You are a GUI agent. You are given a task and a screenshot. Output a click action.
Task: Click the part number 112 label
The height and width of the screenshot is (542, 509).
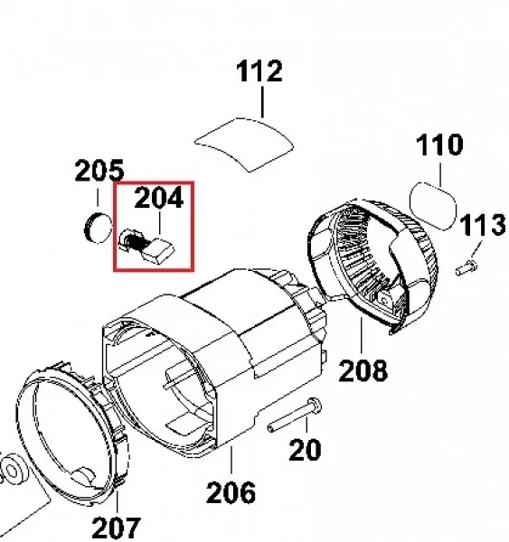pos(259,71)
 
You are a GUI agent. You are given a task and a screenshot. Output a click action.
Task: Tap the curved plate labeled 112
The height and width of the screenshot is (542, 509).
pos(244,145)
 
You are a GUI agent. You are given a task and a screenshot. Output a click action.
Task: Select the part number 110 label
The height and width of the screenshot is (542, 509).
pos(439,145)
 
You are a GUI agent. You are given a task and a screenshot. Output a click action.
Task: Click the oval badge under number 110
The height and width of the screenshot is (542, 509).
pos(432,205)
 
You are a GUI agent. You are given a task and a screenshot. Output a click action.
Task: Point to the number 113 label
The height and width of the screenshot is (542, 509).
pos(483,225)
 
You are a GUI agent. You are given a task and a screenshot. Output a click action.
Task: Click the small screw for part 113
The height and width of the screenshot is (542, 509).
pos(467,268)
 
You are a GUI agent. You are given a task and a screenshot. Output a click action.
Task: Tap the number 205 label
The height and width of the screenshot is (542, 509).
pos(99,171)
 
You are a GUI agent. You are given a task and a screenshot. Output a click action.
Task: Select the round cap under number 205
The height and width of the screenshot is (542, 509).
pos(99,228)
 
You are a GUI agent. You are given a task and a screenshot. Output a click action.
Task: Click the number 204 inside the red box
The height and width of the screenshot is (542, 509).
pos(159,198)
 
